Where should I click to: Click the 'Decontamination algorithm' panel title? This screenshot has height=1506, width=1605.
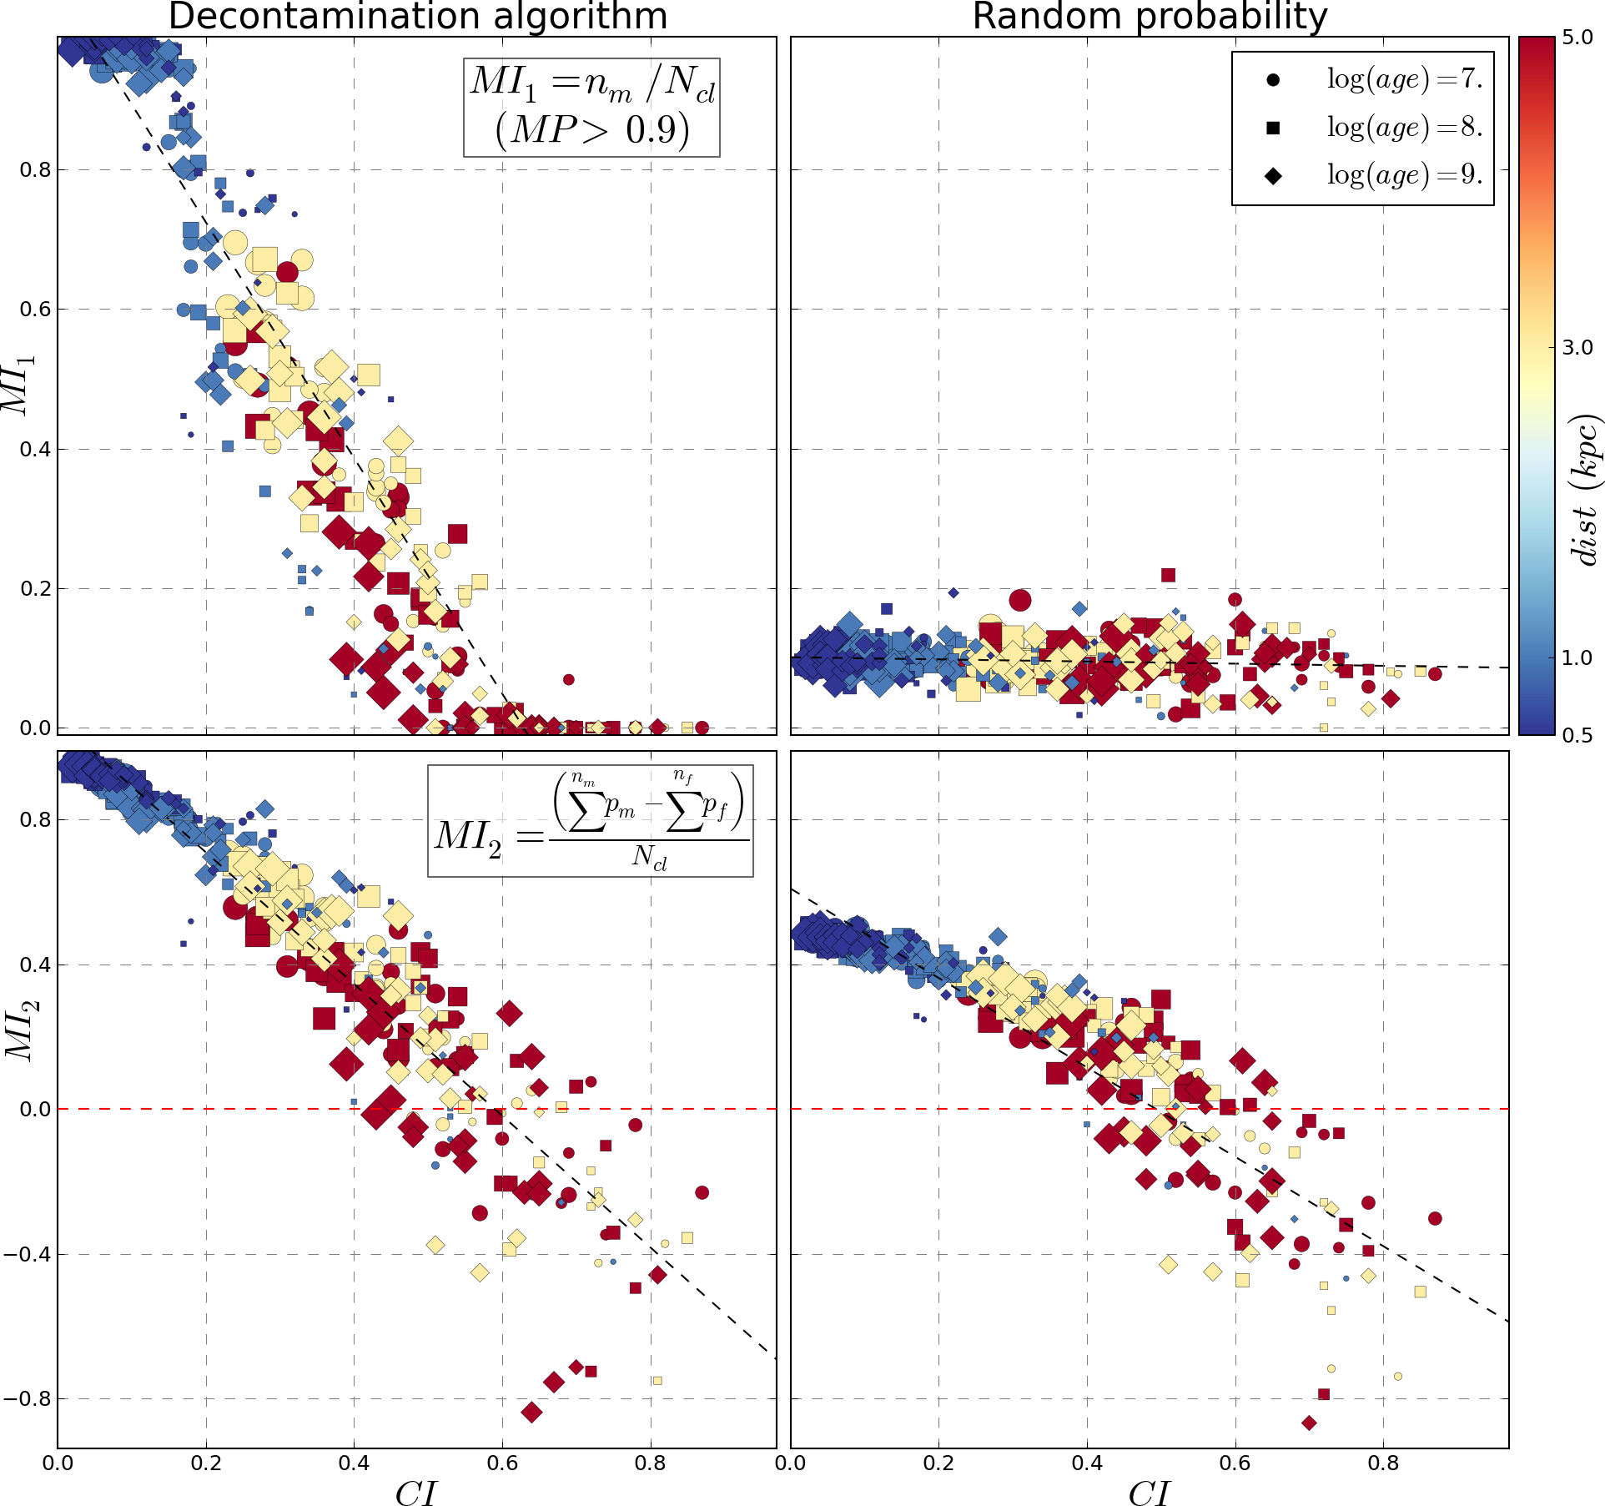tap(417, 17)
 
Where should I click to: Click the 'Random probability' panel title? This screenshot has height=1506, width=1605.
tap(1150, 17)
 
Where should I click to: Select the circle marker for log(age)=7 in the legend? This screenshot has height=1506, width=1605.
tap(1273, 80)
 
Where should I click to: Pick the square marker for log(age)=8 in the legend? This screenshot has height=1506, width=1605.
tap(1273, 128)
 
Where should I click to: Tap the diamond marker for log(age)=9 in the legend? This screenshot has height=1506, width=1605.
tap(1273, 175)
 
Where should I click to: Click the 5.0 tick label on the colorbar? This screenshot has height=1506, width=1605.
tap(1577, 38)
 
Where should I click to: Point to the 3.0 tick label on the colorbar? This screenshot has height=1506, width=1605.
tap(1577, 348)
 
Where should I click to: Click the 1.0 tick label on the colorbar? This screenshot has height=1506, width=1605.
tap(1577, 657)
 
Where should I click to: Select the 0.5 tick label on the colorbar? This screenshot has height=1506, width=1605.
tap(1577, 734)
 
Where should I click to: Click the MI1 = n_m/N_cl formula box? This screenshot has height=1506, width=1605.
tap(591, 107)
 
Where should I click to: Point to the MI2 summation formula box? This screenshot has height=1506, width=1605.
tap(590, 821)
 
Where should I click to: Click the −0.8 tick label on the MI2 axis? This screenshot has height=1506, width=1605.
tap(27, 1398)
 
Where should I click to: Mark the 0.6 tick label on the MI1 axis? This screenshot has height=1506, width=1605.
tap(34, 310)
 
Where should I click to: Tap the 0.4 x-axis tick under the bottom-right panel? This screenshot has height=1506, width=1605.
tap(1086, 1462)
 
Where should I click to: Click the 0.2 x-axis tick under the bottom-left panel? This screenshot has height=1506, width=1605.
tap(205, 1462)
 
